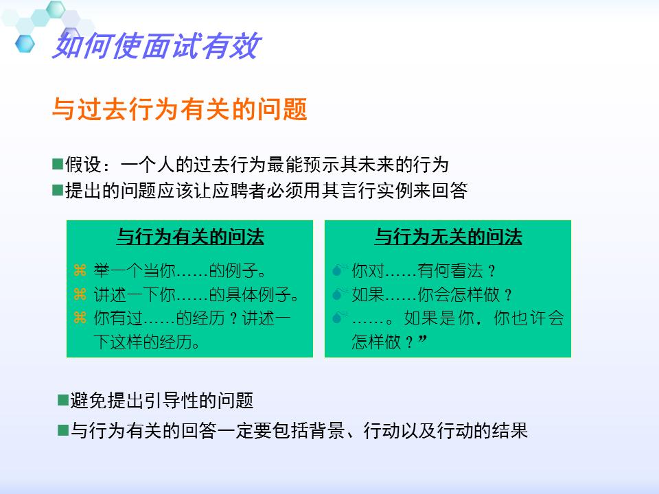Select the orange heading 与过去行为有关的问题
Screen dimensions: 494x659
pyautogui.click(x=179, y=109)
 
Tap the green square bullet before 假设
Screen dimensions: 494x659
pyautogui.click(x=58, y=164)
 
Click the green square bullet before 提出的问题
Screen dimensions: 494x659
pyautogui.click(x=58, y=190)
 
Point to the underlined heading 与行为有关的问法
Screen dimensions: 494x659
pyautogui.click(x=190, y=237)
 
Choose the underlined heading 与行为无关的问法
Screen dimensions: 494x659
pyautogui.click(x=448, y=237)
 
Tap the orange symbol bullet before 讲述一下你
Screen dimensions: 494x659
pyautogui.click(x=80, y=295)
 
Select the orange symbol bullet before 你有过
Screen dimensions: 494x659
pyautogui.click(x=80, y=318)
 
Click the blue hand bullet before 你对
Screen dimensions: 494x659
pyautogui.click(x=337, y=270)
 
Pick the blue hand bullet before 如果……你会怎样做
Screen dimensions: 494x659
pyautogui.click(x=337, y=295)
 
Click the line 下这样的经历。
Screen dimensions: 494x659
pyautogui.click(x=147, y=342)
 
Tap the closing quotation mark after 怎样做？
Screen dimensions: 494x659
pyautogui.click(x=422, y=340)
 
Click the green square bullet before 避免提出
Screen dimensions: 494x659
pyautogui.click(x=62, y=399)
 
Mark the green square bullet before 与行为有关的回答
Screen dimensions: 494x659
pyautogui.click(x=62, y=430)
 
